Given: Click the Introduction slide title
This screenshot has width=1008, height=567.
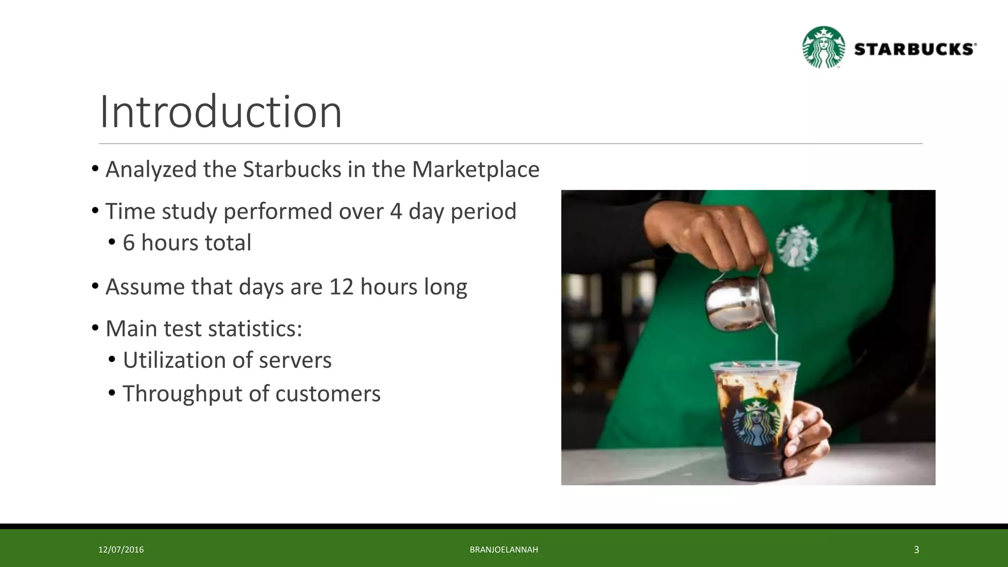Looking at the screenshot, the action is click(220, 112).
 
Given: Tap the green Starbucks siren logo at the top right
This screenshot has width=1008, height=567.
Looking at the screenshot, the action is click(823, 47).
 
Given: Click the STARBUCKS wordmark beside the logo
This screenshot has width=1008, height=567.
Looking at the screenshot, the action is click(914, 49).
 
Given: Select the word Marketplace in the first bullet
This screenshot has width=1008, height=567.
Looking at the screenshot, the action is click(475, 169).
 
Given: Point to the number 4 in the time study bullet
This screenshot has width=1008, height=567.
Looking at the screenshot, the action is click(396, 211).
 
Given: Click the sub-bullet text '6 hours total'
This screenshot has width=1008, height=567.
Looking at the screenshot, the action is click(187, 243).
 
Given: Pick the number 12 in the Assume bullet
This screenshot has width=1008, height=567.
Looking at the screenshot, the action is click(341, 286).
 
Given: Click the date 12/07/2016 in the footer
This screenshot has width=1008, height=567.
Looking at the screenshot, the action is click(121, 550).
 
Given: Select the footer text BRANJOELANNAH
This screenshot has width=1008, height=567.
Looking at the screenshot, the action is click(504, 550).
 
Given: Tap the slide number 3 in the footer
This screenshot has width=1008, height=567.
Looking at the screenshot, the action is click(916, 550).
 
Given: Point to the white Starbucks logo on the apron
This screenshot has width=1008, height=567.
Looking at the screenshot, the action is click(796, 246).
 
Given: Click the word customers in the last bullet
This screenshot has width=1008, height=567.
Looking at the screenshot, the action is click(327, 394).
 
